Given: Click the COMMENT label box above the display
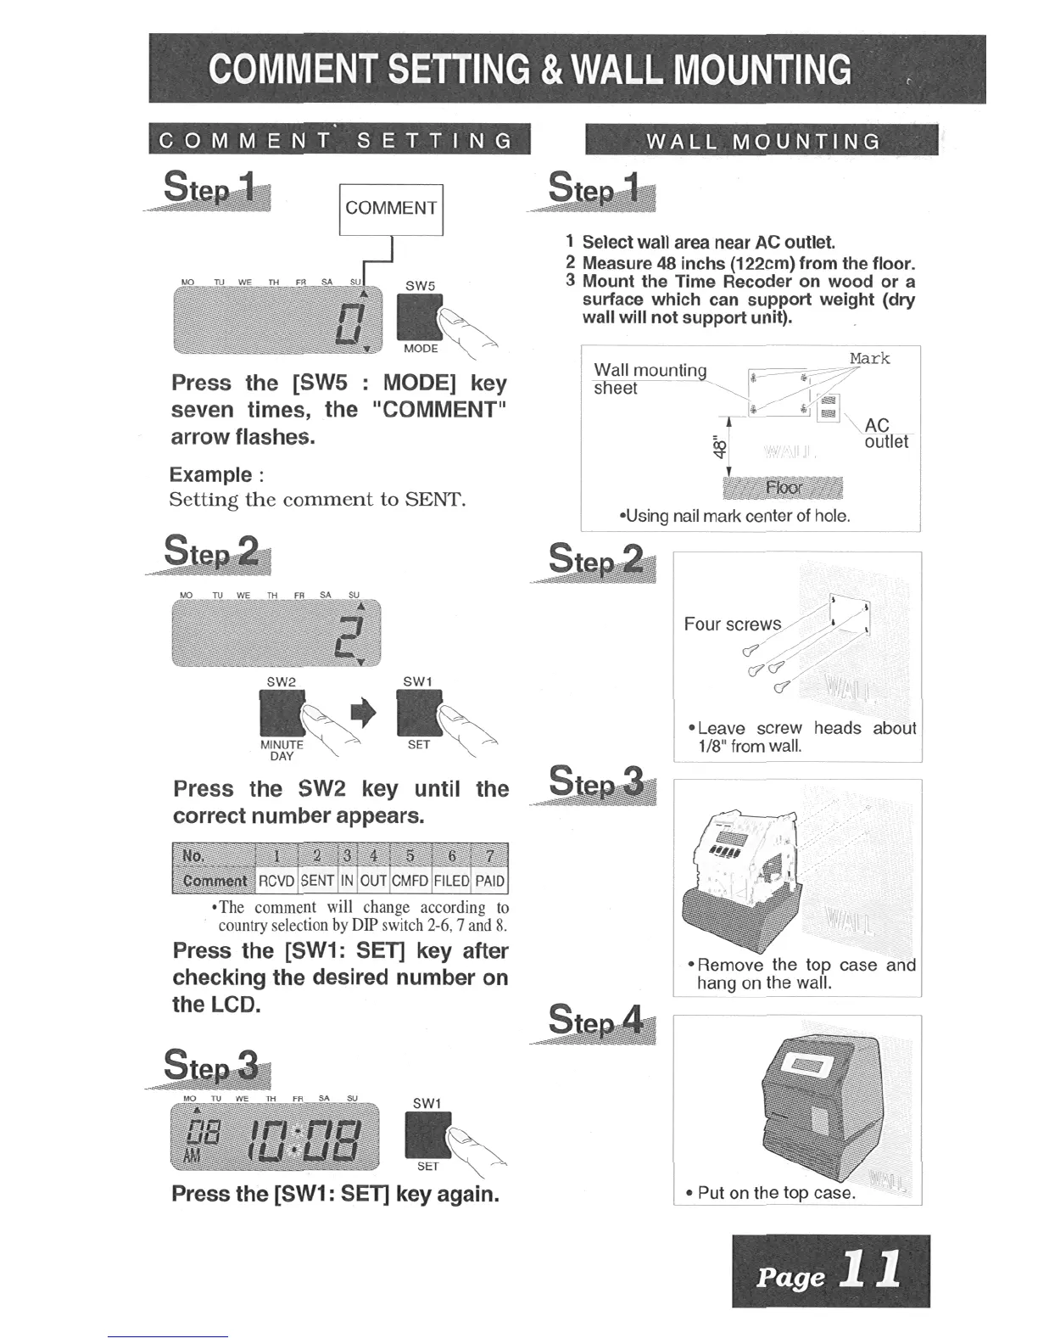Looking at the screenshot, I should tap(391, 209).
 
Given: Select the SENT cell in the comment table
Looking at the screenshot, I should tap(317, 881).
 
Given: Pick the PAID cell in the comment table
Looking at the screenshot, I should tap(490, 881).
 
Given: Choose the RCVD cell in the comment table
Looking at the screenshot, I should tap(276, 881).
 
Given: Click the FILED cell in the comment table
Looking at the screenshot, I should tap(451, 881).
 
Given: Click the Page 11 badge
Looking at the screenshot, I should tap(830, 1271).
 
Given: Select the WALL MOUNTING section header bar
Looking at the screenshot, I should tap(762, 141).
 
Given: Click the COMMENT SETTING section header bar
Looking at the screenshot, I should tap(338, 140).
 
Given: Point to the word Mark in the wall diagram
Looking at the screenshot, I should tap(869, 358).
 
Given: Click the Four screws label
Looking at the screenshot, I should tap(733, 624).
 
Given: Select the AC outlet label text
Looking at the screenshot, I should tap(885, 434).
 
